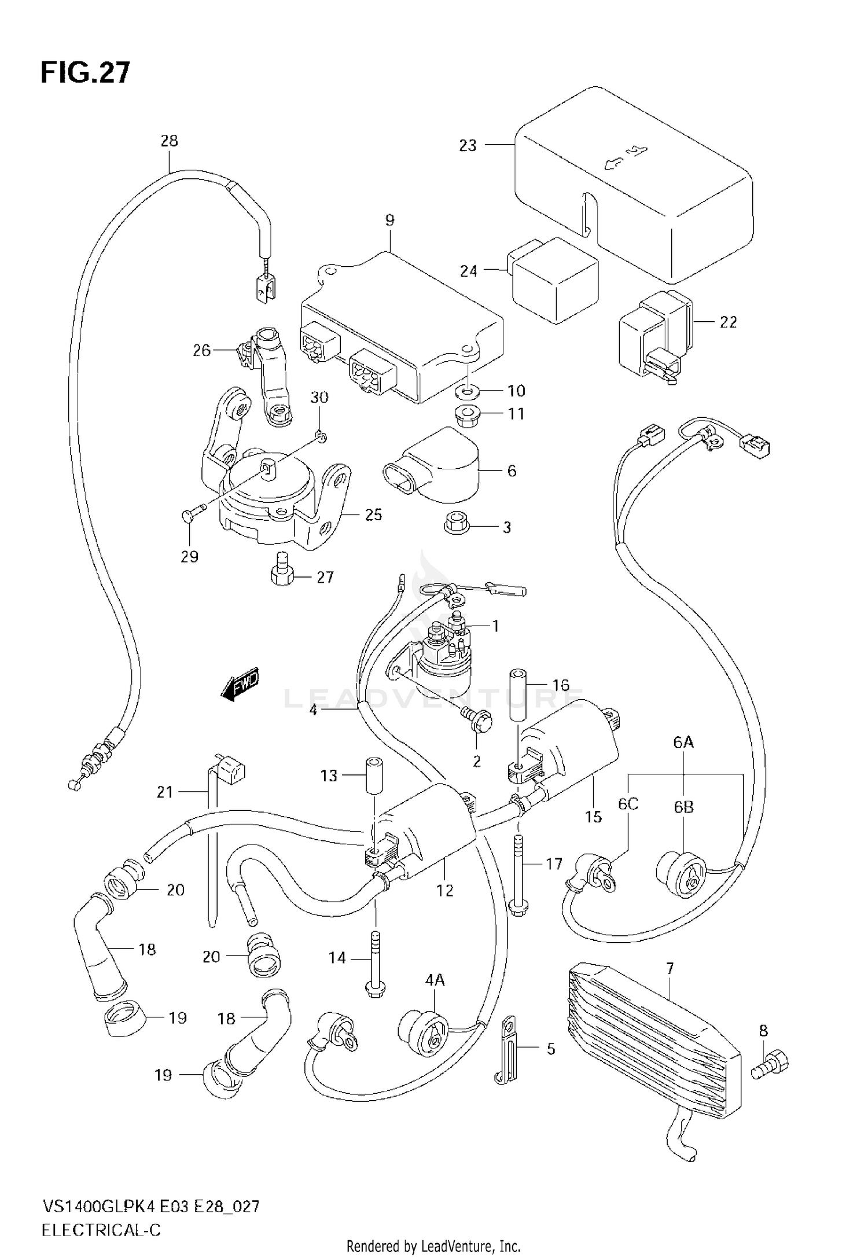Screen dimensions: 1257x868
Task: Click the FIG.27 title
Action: [85, 73]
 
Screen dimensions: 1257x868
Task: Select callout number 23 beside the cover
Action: [468, 145]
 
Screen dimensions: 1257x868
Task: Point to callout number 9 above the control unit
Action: [389, 220]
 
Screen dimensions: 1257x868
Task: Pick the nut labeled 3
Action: [453, 525]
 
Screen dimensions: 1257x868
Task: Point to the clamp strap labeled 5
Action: [509, 1049]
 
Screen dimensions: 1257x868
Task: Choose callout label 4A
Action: [435, 980]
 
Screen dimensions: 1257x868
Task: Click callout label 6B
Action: [683, 807]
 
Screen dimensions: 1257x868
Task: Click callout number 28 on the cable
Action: [170, 141]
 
